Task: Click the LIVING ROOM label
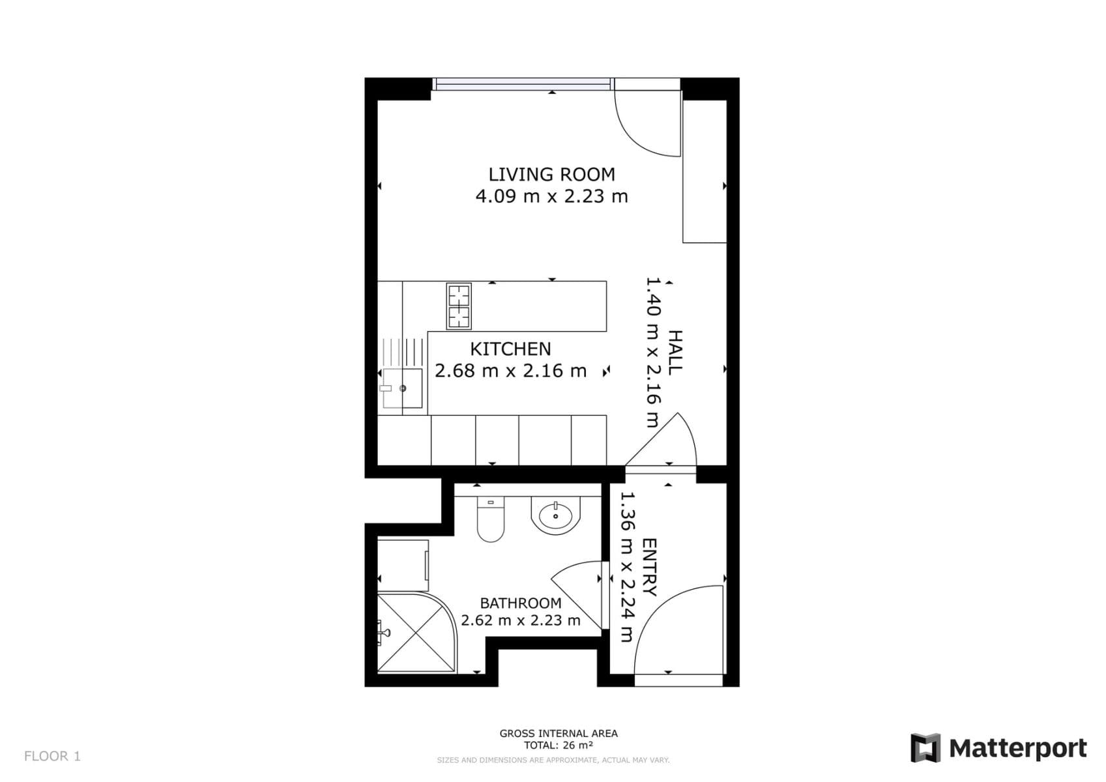click(551, 174)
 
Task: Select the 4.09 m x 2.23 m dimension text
click(551, 196)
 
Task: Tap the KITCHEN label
click(510, 349)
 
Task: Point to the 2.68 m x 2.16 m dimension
click(510, 371)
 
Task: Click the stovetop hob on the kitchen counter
click(459, 306)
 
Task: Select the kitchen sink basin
click(402, 388)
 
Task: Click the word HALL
click(675, 352)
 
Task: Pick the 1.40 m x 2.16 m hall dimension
click(653, 352)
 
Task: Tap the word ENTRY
click(649, 567)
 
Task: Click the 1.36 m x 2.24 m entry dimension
click(626, 567)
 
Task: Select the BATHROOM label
click(520, 603)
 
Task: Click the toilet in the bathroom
click(490, 521)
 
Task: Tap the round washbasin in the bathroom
click(555, 515)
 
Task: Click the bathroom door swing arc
click(574, 590)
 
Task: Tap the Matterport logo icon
click(925, 748)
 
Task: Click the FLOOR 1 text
click(52, 756)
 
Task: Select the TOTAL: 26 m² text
click(559, 746)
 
